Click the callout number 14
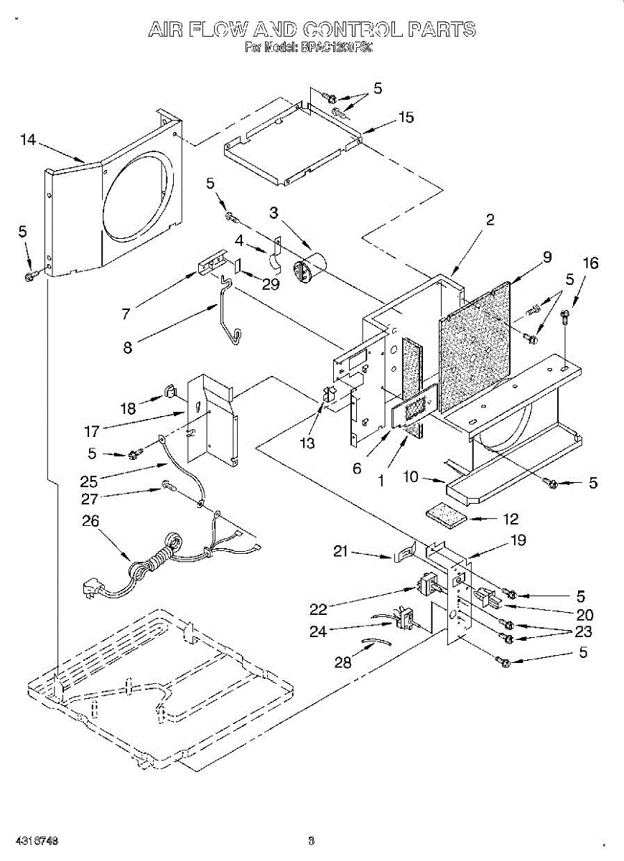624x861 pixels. pyautogui.click(x=28, y=140)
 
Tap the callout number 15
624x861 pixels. pyautogui.click(x=406, y=117)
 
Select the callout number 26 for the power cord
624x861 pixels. pyautogui.click(x=90, y=522)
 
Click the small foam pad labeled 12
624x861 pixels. pyautogui.click(x=445, y=516)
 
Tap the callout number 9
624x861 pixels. pyautogui.click(x=547, y=257)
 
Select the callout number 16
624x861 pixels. pyautogui.click(x=590, y=263)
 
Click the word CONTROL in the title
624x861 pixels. pyautogui.click(x=353, y=29)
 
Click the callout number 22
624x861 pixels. pyautogui.click(x=318, y=609)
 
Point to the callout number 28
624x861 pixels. pyautogui.click(x=343, y=662)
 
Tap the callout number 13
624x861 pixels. pyautogui.click(x=307, y=443)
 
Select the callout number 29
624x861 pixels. pyautogui.click(x=270, y=284)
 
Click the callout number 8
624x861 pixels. pyautogui.click(x=128, y=347)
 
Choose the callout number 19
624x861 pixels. pyautogui.click(x=518, y=540)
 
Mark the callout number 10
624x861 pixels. pyautogui.click(x=410, y=476)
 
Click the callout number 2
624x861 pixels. pyautogui.click(x=490, y=220)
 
